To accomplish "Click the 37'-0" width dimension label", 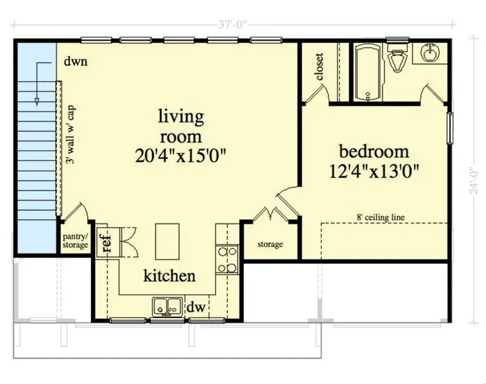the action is (x=233, y=24).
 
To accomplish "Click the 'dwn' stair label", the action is (x=75, y=61).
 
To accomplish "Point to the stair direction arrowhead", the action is (x=37, y=102).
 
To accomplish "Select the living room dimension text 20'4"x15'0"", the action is (x=179, y=156).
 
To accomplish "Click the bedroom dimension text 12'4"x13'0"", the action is (x=374, y=171).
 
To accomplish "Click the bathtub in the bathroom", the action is (x=368, y=72).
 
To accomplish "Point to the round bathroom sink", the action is (x=430, y=52).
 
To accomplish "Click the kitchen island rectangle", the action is (x=167, y=241).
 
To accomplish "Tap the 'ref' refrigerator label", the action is (x=106, y=242).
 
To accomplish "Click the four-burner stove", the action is (x=227, y=259).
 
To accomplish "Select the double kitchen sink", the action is (x=167, y=307).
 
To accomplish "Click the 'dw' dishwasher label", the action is (x=196, y=307).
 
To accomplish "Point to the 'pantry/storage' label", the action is (x=75, y=241).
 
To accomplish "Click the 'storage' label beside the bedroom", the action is (x=270, y=244).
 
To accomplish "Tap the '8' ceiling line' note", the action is (x=380, y=218).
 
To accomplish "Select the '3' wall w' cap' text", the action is (x=71, y=134).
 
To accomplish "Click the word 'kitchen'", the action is (x=169, y=276).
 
